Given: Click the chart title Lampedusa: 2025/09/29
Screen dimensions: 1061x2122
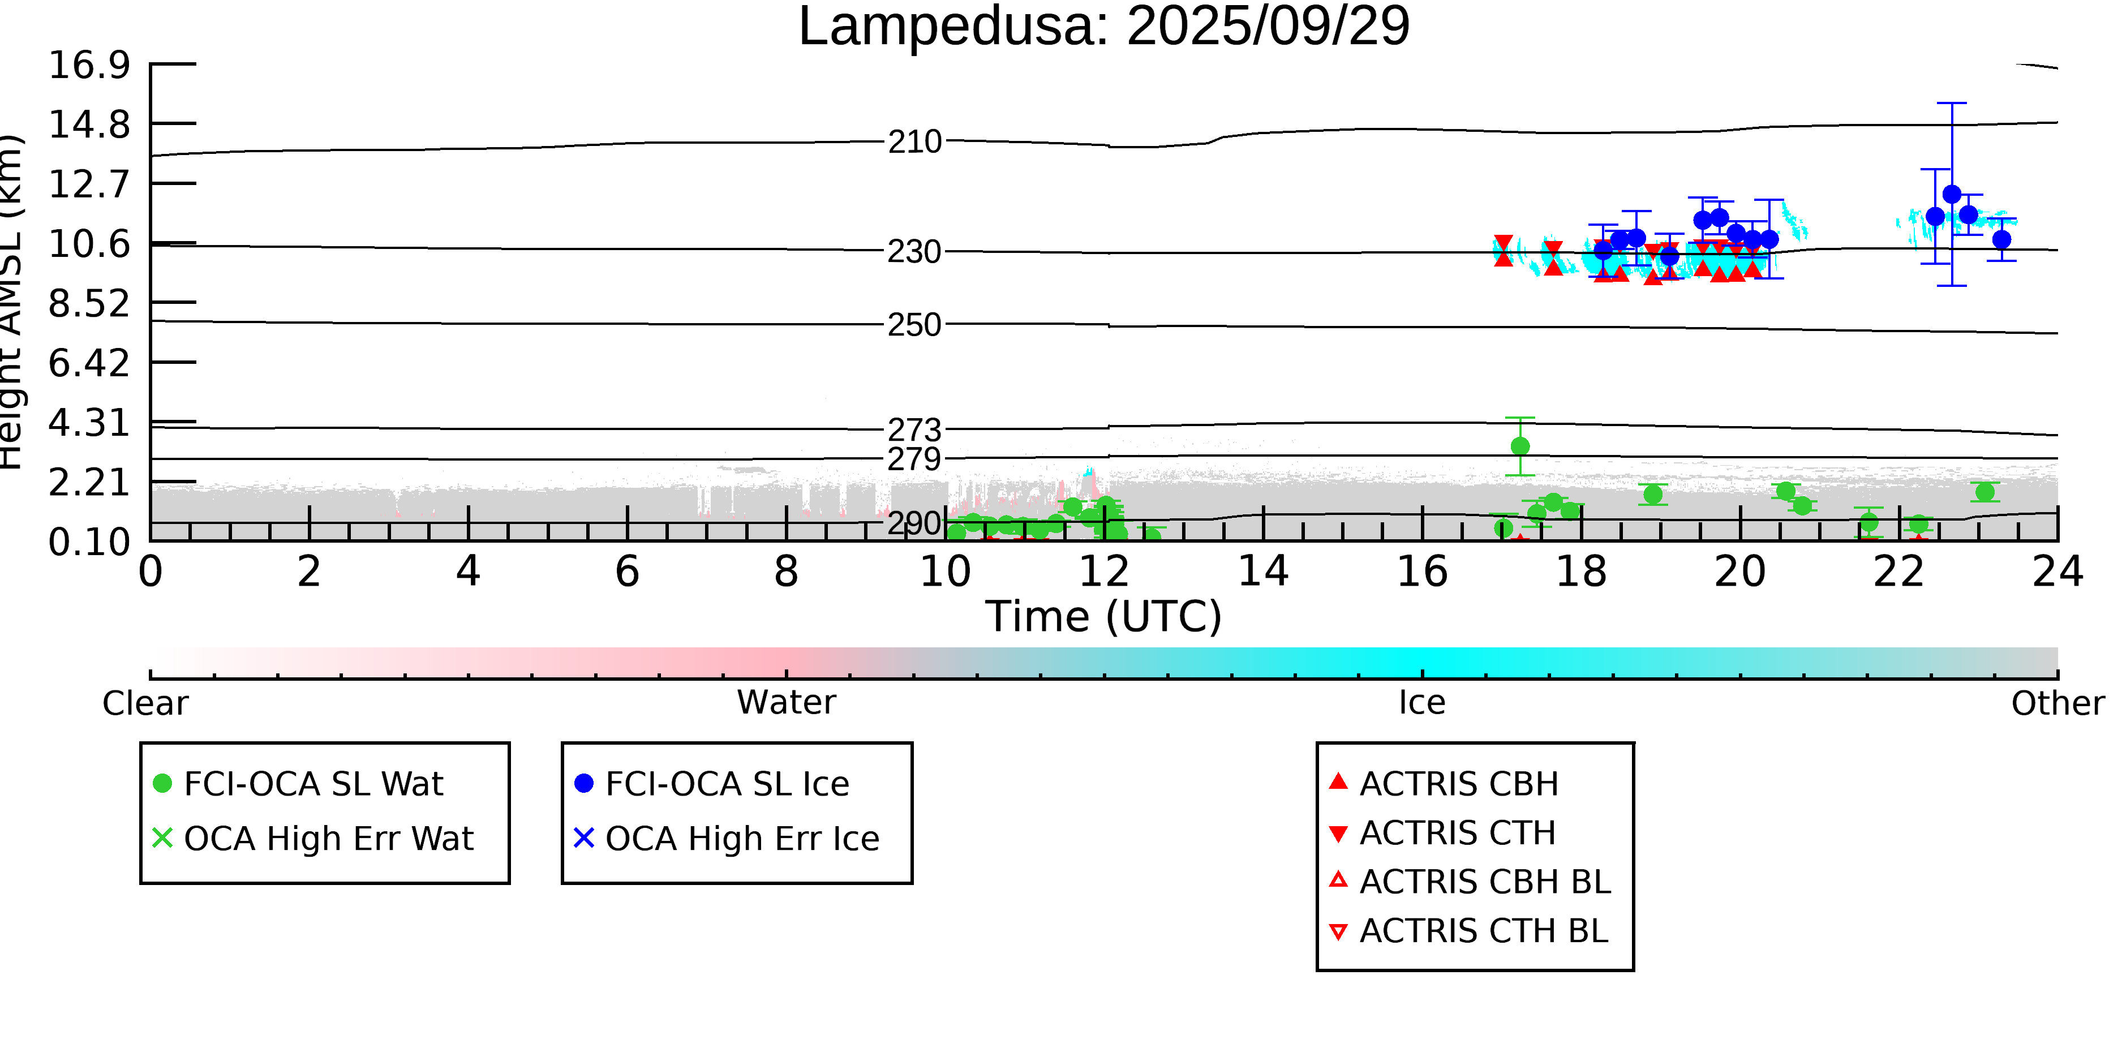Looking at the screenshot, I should tap(1104, 27).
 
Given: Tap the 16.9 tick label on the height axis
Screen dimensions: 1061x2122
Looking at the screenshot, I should tap(89, 65).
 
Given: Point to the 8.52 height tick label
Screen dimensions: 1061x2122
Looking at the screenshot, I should tap(89, 304).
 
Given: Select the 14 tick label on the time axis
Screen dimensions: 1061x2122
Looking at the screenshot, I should tap(1263, 572).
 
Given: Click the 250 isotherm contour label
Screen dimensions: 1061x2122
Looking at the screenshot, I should tap(914, 325).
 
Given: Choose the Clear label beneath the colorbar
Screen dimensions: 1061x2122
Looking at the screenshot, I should tap(145, 703).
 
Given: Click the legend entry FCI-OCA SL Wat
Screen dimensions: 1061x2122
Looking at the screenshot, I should tap(313, 783).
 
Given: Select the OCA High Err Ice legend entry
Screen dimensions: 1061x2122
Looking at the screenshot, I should tap(741, 839).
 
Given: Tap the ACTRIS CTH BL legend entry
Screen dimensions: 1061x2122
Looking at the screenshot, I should tap(1483, 931).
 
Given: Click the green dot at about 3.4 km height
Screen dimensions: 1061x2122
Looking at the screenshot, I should tap(1520, 446).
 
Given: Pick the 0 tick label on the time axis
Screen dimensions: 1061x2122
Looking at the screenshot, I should tap(151, 572).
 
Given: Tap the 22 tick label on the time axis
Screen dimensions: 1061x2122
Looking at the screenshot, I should tap(1898, 572).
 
